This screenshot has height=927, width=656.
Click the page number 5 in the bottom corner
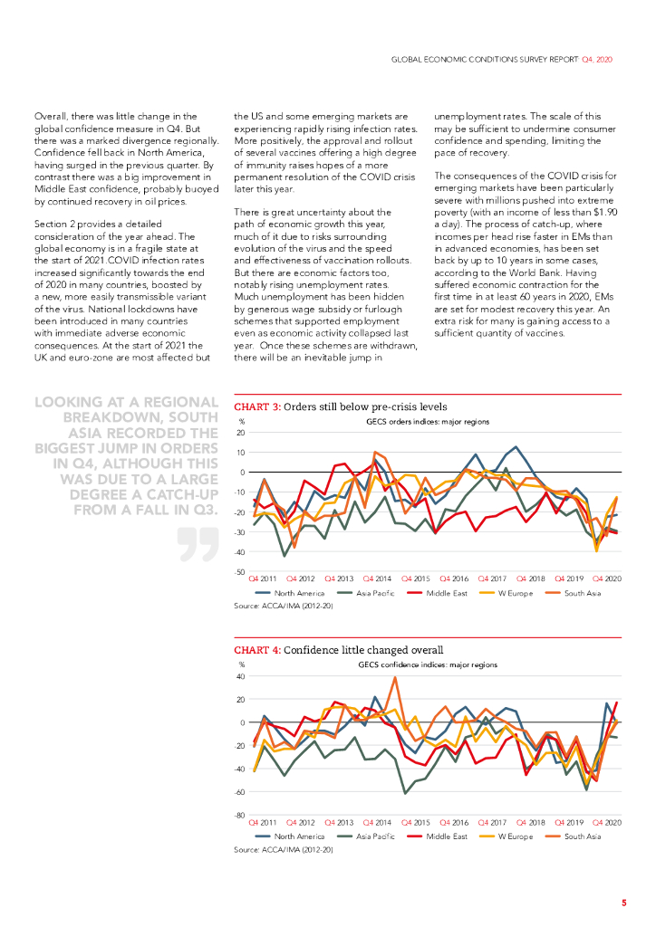point(623,902)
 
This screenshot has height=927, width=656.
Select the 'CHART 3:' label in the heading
point(256,406)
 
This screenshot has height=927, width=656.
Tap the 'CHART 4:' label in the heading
point(256,649)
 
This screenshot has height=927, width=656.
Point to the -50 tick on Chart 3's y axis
point(240,572)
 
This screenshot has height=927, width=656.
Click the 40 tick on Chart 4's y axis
point(242,676)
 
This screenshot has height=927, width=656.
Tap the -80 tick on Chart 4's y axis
point(240,816)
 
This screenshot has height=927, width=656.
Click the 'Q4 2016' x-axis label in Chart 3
point(456,578)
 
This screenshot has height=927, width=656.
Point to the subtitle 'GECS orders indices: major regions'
point(427,422)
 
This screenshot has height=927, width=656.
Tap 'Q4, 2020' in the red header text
point(596,58)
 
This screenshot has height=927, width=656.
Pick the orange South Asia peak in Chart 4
point(395,678)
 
